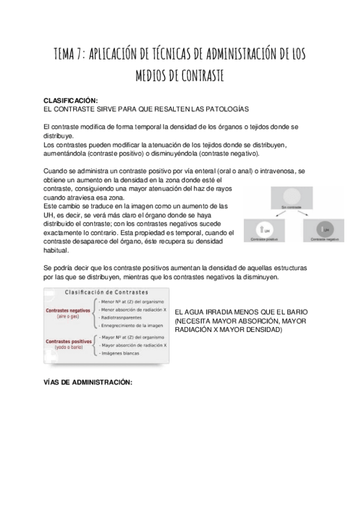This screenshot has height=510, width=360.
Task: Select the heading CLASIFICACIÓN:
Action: coord(71,100)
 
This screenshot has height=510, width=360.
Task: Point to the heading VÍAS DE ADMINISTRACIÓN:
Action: coord(88,382)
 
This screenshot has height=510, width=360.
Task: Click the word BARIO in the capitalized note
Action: coord(296,314)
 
